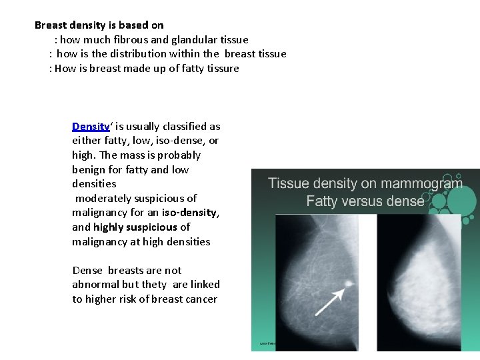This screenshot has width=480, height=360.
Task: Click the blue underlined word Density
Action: (x=91, y=126)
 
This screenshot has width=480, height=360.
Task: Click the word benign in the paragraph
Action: (x=89, y=169)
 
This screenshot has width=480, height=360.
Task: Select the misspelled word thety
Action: (x=154, y=285)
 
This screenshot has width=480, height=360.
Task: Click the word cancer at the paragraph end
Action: (x=199, y=299)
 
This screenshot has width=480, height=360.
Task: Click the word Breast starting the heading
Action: (x=51, y=25)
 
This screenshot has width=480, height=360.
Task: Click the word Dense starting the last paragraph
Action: (x=87, y=270)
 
